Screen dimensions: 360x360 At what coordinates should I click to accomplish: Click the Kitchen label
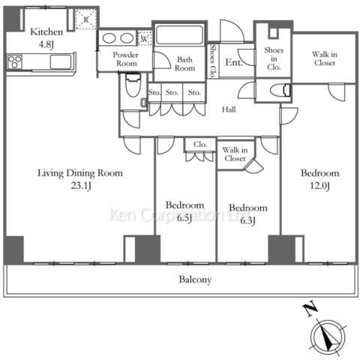click(46, 32)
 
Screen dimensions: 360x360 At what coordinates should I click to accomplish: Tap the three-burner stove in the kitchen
click(15, 61)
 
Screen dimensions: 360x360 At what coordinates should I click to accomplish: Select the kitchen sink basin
click(61, 61)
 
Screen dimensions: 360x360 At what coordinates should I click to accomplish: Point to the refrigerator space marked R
click(85, 19)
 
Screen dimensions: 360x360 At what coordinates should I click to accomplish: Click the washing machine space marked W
click(145, 38)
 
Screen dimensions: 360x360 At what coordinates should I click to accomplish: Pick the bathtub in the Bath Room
click(179, 35)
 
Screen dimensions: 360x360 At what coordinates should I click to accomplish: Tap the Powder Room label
click(125, 59)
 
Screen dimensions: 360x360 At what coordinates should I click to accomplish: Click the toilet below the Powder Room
click(133, 85)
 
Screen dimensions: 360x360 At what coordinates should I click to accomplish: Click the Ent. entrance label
click(234, 62)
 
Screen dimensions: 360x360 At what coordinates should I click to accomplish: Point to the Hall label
click(229, 109)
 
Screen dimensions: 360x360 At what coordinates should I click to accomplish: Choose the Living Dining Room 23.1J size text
click(81, 186)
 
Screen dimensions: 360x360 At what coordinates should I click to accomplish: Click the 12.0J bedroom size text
click(320, 186)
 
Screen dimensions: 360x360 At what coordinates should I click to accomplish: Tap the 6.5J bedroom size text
click(184, 218)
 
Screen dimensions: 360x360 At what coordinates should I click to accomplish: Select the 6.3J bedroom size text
click(247, 220)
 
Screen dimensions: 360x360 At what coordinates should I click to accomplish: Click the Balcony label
click(195, 280)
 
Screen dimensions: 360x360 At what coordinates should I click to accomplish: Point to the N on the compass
click(310, 310)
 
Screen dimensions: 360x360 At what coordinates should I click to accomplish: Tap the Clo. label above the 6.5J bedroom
click(200, 145)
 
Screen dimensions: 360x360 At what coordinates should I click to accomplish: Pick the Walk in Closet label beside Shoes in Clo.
click(325, 58)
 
